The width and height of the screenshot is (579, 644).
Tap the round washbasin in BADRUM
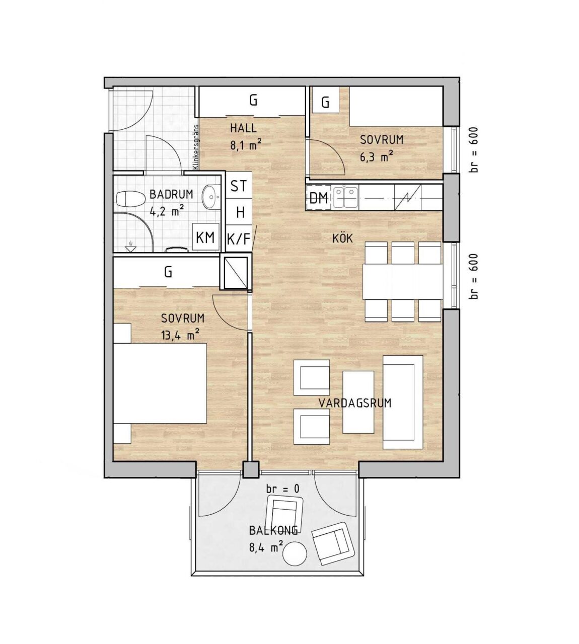coord(212,197)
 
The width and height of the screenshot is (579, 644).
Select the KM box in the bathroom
coord(205,237)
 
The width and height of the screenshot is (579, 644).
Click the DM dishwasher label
coord(319,198)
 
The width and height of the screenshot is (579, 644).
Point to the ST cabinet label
coord(239,186)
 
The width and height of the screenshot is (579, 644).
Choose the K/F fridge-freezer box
coord(239,238)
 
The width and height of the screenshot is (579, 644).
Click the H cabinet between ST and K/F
coord(239,212)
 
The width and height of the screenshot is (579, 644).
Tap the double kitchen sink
coord(346,198)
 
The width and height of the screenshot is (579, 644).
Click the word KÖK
coord(343,238)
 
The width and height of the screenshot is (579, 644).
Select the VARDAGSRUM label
coord(355,403)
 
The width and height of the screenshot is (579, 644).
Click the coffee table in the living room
coord(358,402)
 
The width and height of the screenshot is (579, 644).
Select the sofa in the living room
coord(403,402)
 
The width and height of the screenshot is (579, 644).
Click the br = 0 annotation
coord(283,489)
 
